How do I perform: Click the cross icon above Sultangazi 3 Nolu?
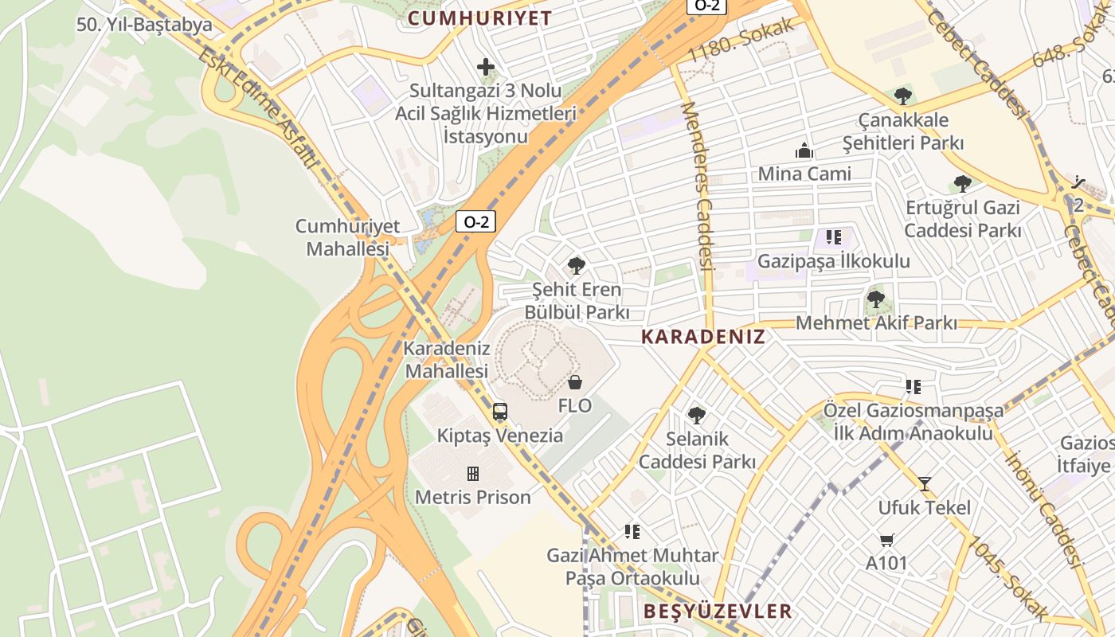pyautogui.click(x=486, y=68)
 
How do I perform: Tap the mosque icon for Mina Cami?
pyautogui.click(x=804, y=150)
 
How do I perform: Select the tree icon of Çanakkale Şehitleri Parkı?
pyautogui.click(x=902, y=97)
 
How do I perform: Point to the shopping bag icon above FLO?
pyautogui.click(x=575, y=382)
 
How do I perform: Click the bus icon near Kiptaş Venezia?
pyautogui.click(x=500, y=412)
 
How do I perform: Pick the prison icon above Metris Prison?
pyautogui.click(x=473, y=474)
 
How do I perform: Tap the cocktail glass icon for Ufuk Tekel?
pyautogui.click(x=924, y=483)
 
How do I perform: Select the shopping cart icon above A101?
pyautogui.click(x=886, y=540)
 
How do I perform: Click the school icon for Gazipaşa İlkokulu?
pyautogui.click(x=833, y=236)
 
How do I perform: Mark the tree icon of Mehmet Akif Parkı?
pyautogui.click(x=875, y=300)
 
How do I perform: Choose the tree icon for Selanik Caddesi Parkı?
pyautogui.click(x=697, y=415)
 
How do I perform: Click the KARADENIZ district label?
pyautogui.click(x=703, y=337)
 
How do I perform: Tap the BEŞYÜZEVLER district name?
pyautogui.click(x=718, y=612)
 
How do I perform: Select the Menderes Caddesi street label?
pyautogui.click(x=694, y=183)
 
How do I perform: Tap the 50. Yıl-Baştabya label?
pyautogui.click(x=144, y=25)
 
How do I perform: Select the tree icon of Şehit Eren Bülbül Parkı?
pyautogui.click(x=577, y=266)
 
